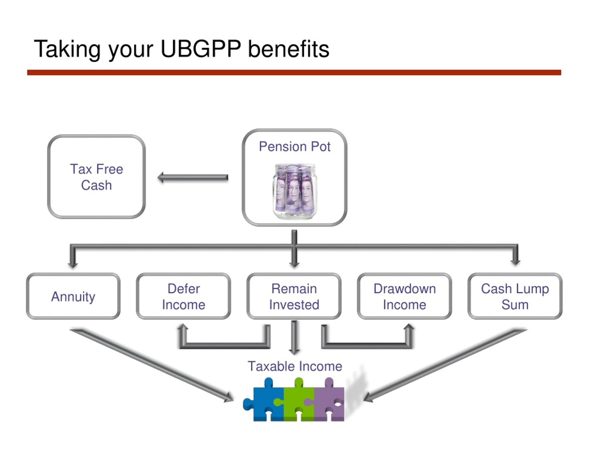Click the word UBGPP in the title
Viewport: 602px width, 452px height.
(x=201, y=49)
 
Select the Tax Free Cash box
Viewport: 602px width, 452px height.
(x=96, y=177)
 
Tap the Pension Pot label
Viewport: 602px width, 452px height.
(x=294, y=147)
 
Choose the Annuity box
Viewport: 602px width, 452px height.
(x=73, y=296)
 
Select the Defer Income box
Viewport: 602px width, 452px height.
(x=183, y=296)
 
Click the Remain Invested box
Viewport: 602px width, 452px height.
(x=294, y=296)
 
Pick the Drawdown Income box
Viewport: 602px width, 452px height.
(x=404, y=296)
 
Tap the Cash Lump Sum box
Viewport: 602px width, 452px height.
(x=515, y=296)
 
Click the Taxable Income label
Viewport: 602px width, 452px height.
(x=295, y=366)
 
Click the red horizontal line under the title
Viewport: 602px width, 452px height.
(x=294, y=73)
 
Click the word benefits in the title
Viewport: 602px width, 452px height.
(x=289, y=49)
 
